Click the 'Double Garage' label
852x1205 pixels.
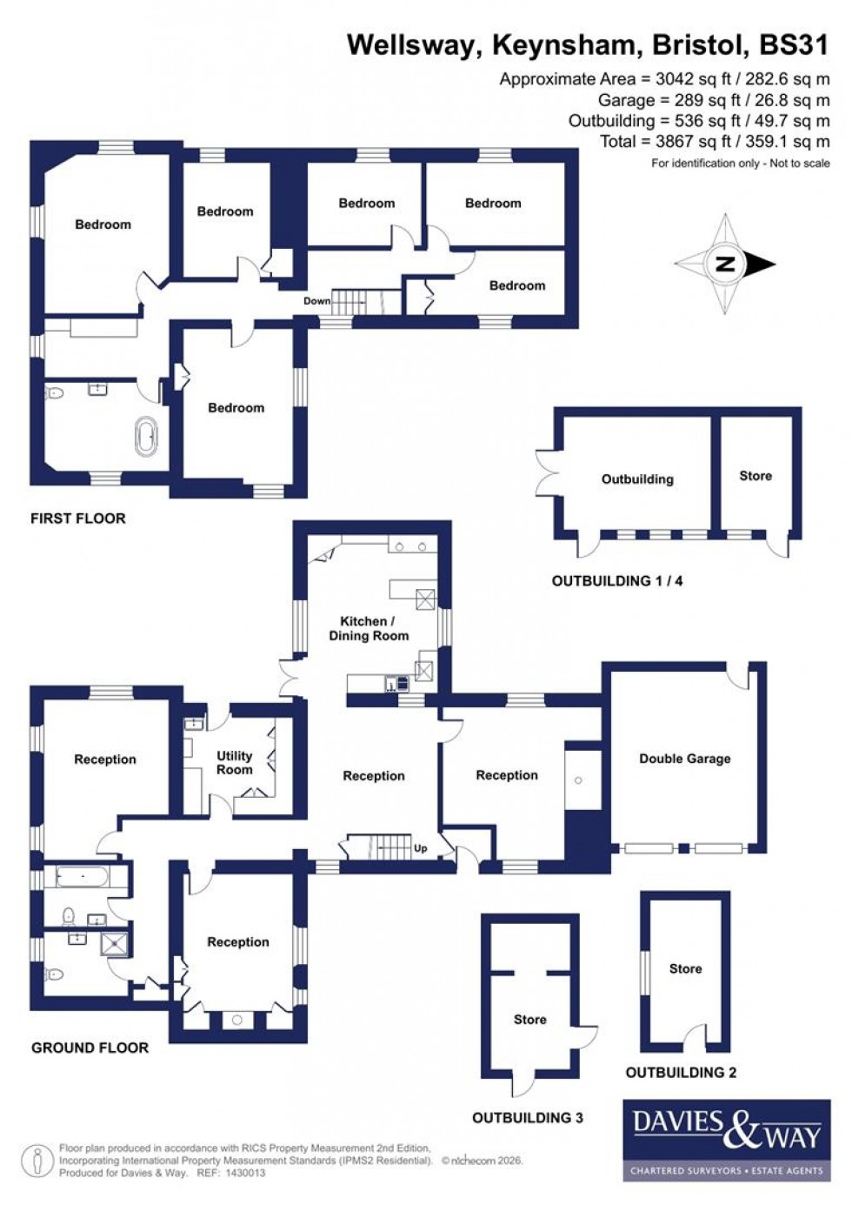point(684,759)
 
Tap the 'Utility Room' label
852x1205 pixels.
point(234,762)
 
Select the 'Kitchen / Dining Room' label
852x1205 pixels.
point(369,628)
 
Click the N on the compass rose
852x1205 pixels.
point(724,264)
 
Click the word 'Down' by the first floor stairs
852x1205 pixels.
point(316,301)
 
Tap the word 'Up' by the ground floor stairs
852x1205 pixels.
point(421,848)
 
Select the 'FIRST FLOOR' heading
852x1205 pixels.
point(78,519)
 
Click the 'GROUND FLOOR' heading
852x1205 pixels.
point(90,1048)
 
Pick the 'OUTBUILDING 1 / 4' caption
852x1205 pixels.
point(617,580)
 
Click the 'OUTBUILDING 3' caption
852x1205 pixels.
point(528,1117)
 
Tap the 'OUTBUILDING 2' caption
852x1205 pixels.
point(681,1072)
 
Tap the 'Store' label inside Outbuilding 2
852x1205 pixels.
point(685,968)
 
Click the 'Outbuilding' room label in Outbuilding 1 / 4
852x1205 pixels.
point(637,479)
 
